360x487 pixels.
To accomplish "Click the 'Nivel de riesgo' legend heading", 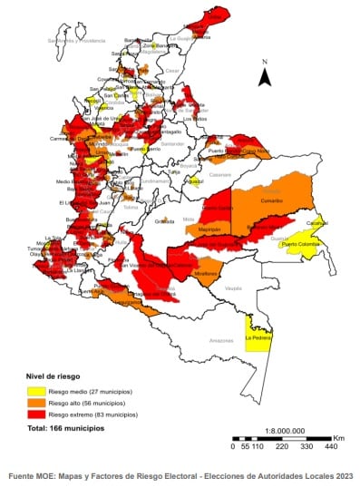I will coord(54,374).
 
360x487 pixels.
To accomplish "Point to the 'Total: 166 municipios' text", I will coord(66,427).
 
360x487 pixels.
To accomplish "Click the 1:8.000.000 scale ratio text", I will coord(282,431).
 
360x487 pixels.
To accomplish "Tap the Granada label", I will coord(164,220).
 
